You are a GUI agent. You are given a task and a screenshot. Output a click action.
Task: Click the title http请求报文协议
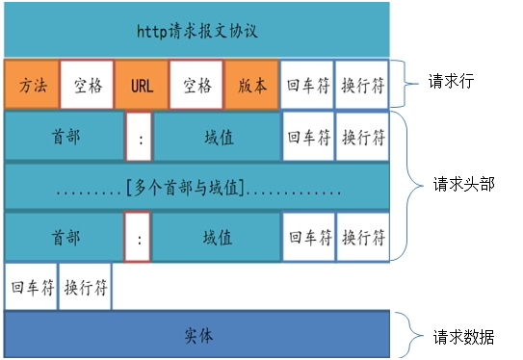pos(196,30)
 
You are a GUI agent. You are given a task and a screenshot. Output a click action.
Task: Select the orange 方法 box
pos(31,85)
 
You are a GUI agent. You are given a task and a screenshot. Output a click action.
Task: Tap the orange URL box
pos(141,85)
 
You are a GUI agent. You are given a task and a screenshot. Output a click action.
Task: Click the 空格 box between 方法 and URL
pos(86,85)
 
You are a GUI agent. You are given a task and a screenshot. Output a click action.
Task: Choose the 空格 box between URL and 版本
pos(196,85)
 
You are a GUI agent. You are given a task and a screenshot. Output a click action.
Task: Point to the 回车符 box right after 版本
pos(306,85)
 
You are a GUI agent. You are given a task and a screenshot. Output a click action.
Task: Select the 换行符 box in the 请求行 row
pos(362,85)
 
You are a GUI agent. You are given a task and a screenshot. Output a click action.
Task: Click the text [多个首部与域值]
pos(196,187)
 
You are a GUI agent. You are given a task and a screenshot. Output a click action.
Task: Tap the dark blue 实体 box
pos(196,336)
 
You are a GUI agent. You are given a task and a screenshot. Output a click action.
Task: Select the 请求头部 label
pos(463,183)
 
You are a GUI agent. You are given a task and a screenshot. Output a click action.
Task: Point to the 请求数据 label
pos(463,337)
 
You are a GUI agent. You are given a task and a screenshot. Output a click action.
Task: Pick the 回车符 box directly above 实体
pos(31,287)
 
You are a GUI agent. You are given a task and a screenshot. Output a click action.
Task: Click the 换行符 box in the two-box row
pos(86,287)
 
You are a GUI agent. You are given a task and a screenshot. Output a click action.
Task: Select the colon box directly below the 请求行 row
pos(141,136)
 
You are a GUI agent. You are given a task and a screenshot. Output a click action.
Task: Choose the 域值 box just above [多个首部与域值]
pos(217,136)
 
